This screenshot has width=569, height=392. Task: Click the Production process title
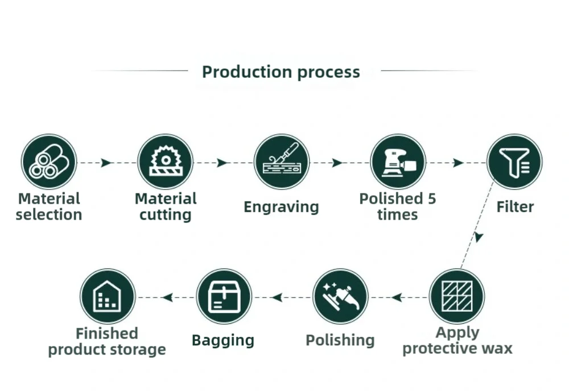(x=281, y=72)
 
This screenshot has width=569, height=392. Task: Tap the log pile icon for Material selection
(x=49, y=162)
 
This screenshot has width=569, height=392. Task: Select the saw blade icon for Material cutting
(x=166, y=162)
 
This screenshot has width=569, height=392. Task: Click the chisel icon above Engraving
(x=282, y=162)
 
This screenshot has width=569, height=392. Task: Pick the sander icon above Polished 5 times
(x=398, y=162)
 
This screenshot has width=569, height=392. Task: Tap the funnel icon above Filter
(x=514, y=162)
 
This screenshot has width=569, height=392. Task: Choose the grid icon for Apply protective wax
(x=456, y=296)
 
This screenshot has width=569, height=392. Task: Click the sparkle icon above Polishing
(x=340, y=296)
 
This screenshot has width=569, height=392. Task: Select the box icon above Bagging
(x=224, y=296)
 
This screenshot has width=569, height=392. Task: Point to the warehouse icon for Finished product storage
(x=108, y=296)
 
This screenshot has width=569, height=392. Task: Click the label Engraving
(x=281, y=207)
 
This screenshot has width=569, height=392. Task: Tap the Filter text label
(x=515, y=207)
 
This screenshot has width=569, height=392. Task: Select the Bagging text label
(x=223, y=340)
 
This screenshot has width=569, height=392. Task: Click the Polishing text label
(x=340, y=340)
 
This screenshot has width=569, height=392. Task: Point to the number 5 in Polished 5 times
(x=432, y=199)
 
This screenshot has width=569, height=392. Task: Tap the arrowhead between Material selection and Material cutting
(x=106, y=163)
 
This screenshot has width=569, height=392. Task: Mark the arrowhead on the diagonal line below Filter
(x=479, y=236)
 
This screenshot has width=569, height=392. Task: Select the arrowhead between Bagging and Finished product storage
(x=167, y=297)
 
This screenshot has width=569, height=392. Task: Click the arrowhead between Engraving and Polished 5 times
(x=337, y=163)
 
